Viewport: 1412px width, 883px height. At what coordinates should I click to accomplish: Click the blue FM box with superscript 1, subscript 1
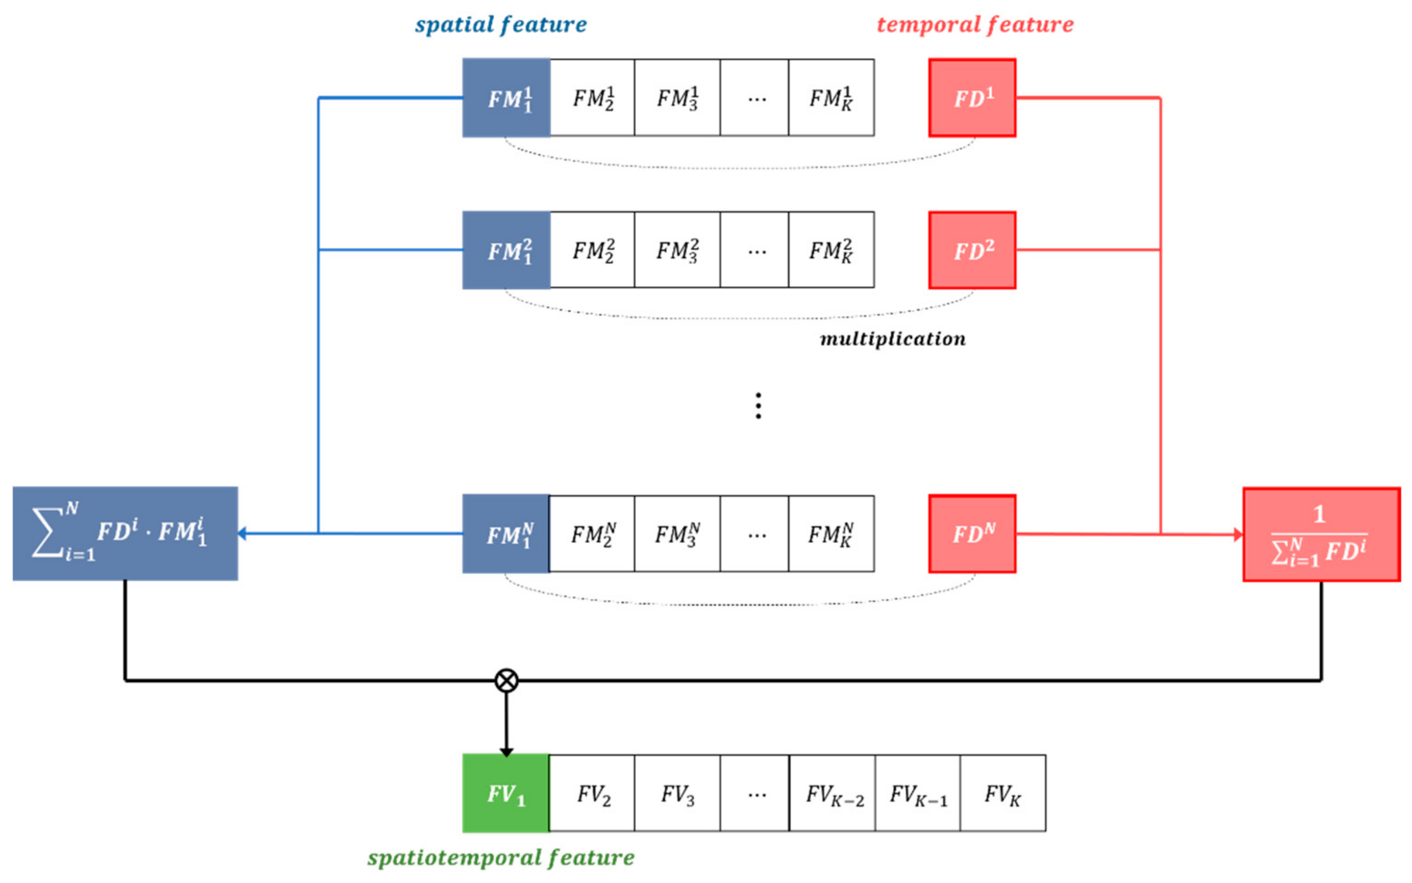[506, 98]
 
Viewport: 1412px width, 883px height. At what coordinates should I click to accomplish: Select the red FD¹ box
[972, 98]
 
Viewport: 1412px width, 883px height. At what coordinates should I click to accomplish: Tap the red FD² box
[972, 250]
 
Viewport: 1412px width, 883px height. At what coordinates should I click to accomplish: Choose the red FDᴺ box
[972, 533]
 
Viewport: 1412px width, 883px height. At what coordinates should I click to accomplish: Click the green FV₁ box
[506, 793]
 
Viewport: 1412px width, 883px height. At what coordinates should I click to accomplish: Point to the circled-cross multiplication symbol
[506, 680]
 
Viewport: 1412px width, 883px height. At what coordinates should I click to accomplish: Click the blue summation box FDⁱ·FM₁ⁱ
[125, 533]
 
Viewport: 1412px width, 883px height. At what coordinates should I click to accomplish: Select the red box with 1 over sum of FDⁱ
[1321, 535]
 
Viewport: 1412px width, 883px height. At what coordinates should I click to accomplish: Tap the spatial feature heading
[500, 25]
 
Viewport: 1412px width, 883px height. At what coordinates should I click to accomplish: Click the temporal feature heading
[975, 25]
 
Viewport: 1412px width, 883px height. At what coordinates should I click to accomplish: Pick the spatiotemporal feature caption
[500, 857]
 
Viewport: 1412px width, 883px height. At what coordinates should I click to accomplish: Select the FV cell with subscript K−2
[833, 793]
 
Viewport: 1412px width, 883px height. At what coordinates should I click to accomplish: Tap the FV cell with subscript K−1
[918, 793]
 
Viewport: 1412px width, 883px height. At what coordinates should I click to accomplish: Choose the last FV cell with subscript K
[1002, 793]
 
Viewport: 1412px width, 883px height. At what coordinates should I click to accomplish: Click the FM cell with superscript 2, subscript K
[831, 250]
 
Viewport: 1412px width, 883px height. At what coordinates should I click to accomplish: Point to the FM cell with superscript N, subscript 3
[677, 533]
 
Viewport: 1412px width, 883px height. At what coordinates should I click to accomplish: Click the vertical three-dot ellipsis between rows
[758, 405]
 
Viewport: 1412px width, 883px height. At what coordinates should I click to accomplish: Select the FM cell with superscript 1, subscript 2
[592, 98]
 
